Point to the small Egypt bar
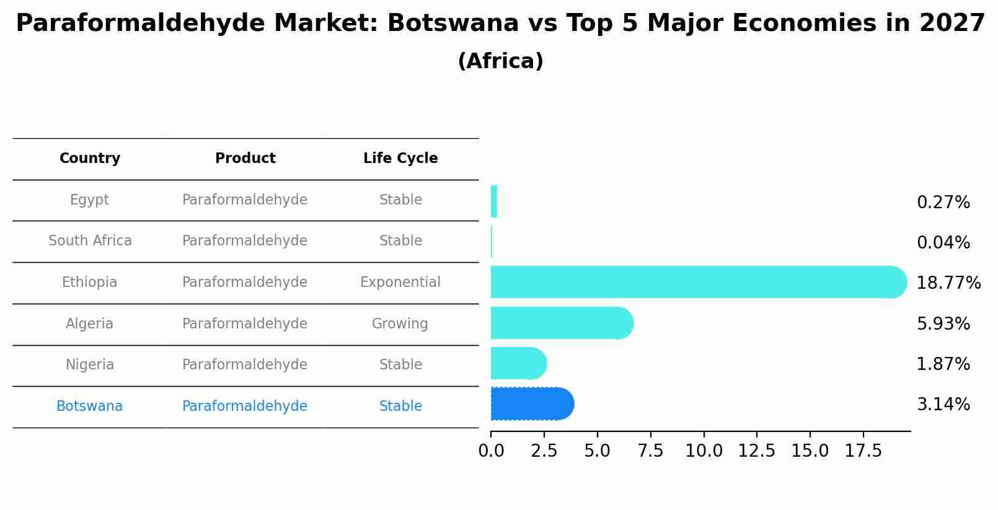(494, 201)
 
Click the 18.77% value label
(948, 283)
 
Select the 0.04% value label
(943, 243)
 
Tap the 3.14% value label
(943, 405)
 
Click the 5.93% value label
(943, 323)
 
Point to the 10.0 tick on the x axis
(704, 451)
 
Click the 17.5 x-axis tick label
(863, 451)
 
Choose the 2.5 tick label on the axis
(544, 451)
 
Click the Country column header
(90, 159)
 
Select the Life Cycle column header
(400, 159)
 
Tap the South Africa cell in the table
(90, 241)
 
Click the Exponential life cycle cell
(400, 283)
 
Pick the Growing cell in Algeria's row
(400, 324)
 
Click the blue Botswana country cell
(89, 407)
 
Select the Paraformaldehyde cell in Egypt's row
(245, 200)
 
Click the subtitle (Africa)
(500, 61)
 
